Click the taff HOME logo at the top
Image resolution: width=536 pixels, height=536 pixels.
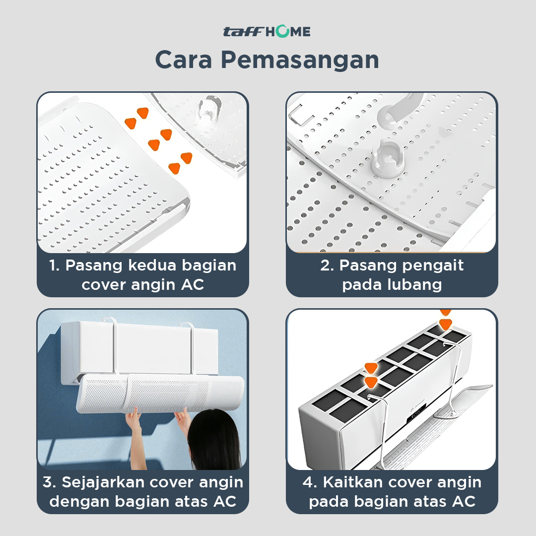tap(267, 31)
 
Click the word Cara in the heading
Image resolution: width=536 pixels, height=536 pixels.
tap(184, 60)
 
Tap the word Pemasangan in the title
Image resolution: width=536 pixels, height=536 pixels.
tap(300, 60)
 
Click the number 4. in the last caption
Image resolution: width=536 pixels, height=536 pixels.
tap(310, 483)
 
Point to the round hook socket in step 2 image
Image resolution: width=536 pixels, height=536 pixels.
tap(388, 158)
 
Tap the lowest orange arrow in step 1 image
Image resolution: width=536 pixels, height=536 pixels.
tap(174, 168)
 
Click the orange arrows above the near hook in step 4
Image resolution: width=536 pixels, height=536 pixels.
tap(371, 375)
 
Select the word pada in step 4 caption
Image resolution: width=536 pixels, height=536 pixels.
tap(326, 502)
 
